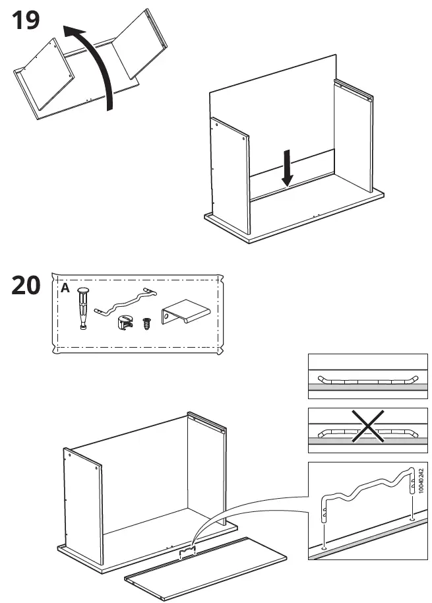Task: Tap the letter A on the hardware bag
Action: pyautogui.click(x=65, y=288)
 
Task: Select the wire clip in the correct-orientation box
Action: pyautogui.click(x=367, y=380)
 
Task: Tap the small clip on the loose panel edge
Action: pyautogui.click(x=189, y=551)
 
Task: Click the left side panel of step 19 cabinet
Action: pyautogui.click(x=230, y=175)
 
